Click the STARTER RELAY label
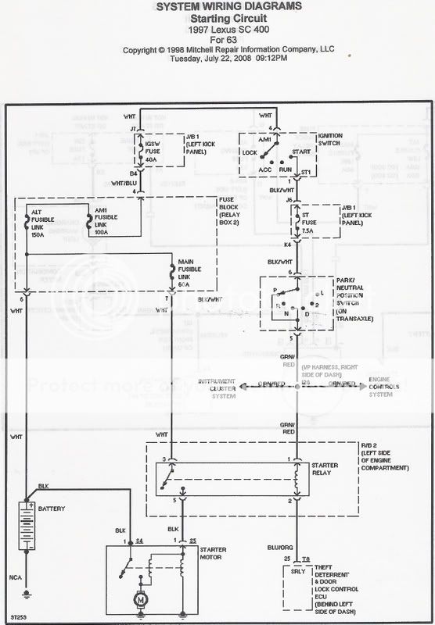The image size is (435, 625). pyautogui.click(x=325, y=470)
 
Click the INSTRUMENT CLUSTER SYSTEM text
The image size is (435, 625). pyautogui.click(x=217, y=390)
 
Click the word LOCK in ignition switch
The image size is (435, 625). pyautogui.click(x=250, y=153)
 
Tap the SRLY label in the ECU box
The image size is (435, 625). pyautogui.click(x=297, y=570)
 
